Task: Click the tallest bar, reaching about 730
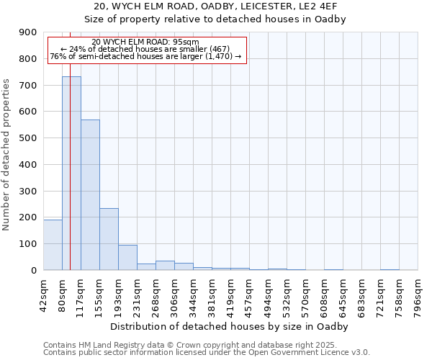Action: coord(71,173)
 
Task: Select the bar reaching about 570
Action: coord(90,194)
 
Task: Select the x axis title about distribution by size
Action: coord(230,326)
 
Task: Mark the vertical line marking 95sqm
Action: coord(70,144)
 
